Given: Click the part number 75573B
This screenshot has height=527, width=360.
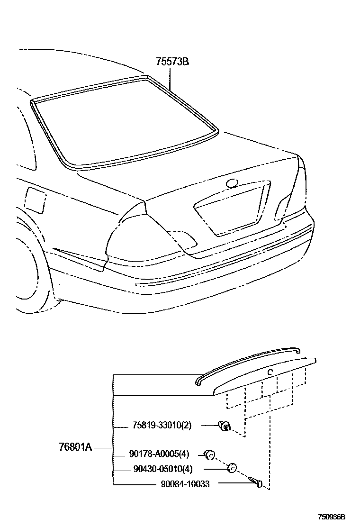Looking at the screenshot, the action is pos(173,62).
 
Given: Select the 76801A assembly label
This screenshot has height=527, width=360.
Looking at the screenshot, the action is pos(75,446).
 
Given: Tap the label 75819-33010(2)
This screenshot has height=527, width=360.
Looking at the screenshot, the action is pos(162,425).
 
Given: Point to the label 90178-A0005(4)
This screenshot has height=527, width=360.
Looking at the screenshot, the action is pos(159,454).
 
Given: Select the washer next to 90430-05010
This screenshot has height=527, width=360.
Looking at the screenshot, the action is pos(232,468).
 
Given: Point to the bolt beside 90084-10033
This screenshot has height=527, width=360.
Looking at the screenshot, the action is pos(255,482).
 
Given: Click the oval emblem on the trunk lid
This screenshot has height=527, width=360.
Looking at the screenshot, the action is pos(233,183).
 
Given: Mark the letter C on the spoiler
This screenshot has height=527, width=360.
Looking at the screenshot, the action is pos(269,372).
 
